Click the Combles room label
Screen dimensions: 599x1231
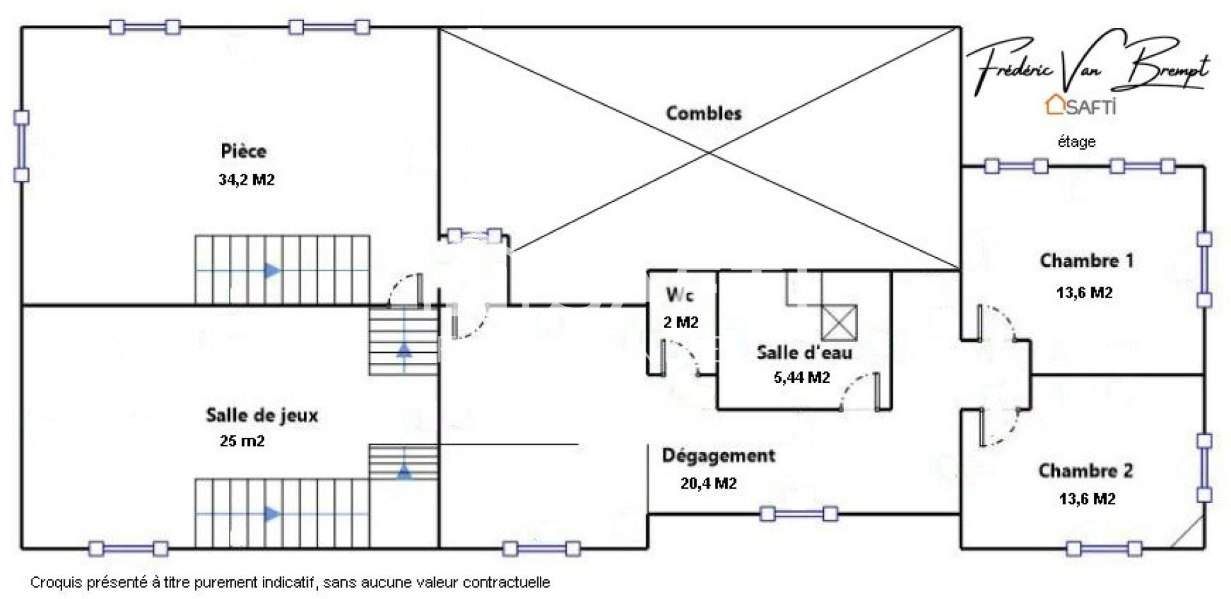(x=703, y=114)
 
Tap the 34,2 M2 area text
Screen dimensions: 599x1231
(x=246, y=180)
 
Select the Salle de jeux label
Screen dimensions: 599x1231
(x=262, y=415)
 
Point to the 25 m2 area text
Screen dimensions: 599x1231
(x=242, y=441)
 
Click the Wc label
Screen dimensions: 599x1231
(x=680, y=295)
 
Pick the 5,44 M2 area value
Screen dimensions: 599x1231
(x=801, y=378)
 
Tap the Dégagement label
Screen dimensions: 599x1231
(x=718, y=456)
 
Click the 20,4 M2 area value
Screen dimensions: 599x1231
(x=708, y=484)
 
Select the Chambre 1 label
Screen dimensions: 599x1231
(x=1086, y=261)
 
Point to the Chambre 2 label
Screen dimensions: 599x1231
(x=1085, y=471)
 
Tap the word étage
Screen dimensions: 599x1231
(x=1076, y=142)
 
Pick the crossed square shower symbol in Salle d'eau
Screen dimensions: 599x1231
(x=839, y=323)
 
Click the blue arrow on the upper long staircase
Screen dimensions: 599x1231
(x=272, y=271)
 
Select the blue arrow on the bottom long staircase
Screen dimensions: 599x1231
(x=272, y=514)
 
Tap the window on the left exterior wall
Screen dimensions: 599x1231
(x=22, y=146)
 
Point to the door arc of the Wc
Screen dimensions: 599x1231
(x=685, y=356)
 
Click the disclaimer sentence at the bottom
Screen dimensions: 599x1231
(x=290, y=583)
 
